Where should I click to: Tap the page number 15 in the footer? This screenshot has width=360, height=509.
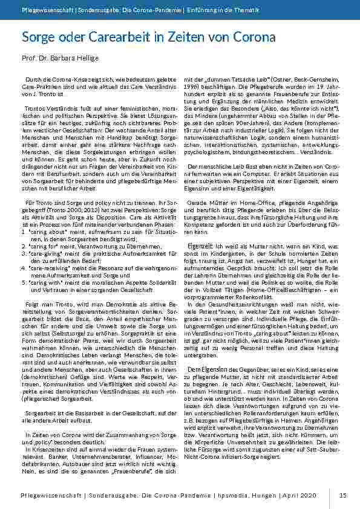(342, 496)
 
